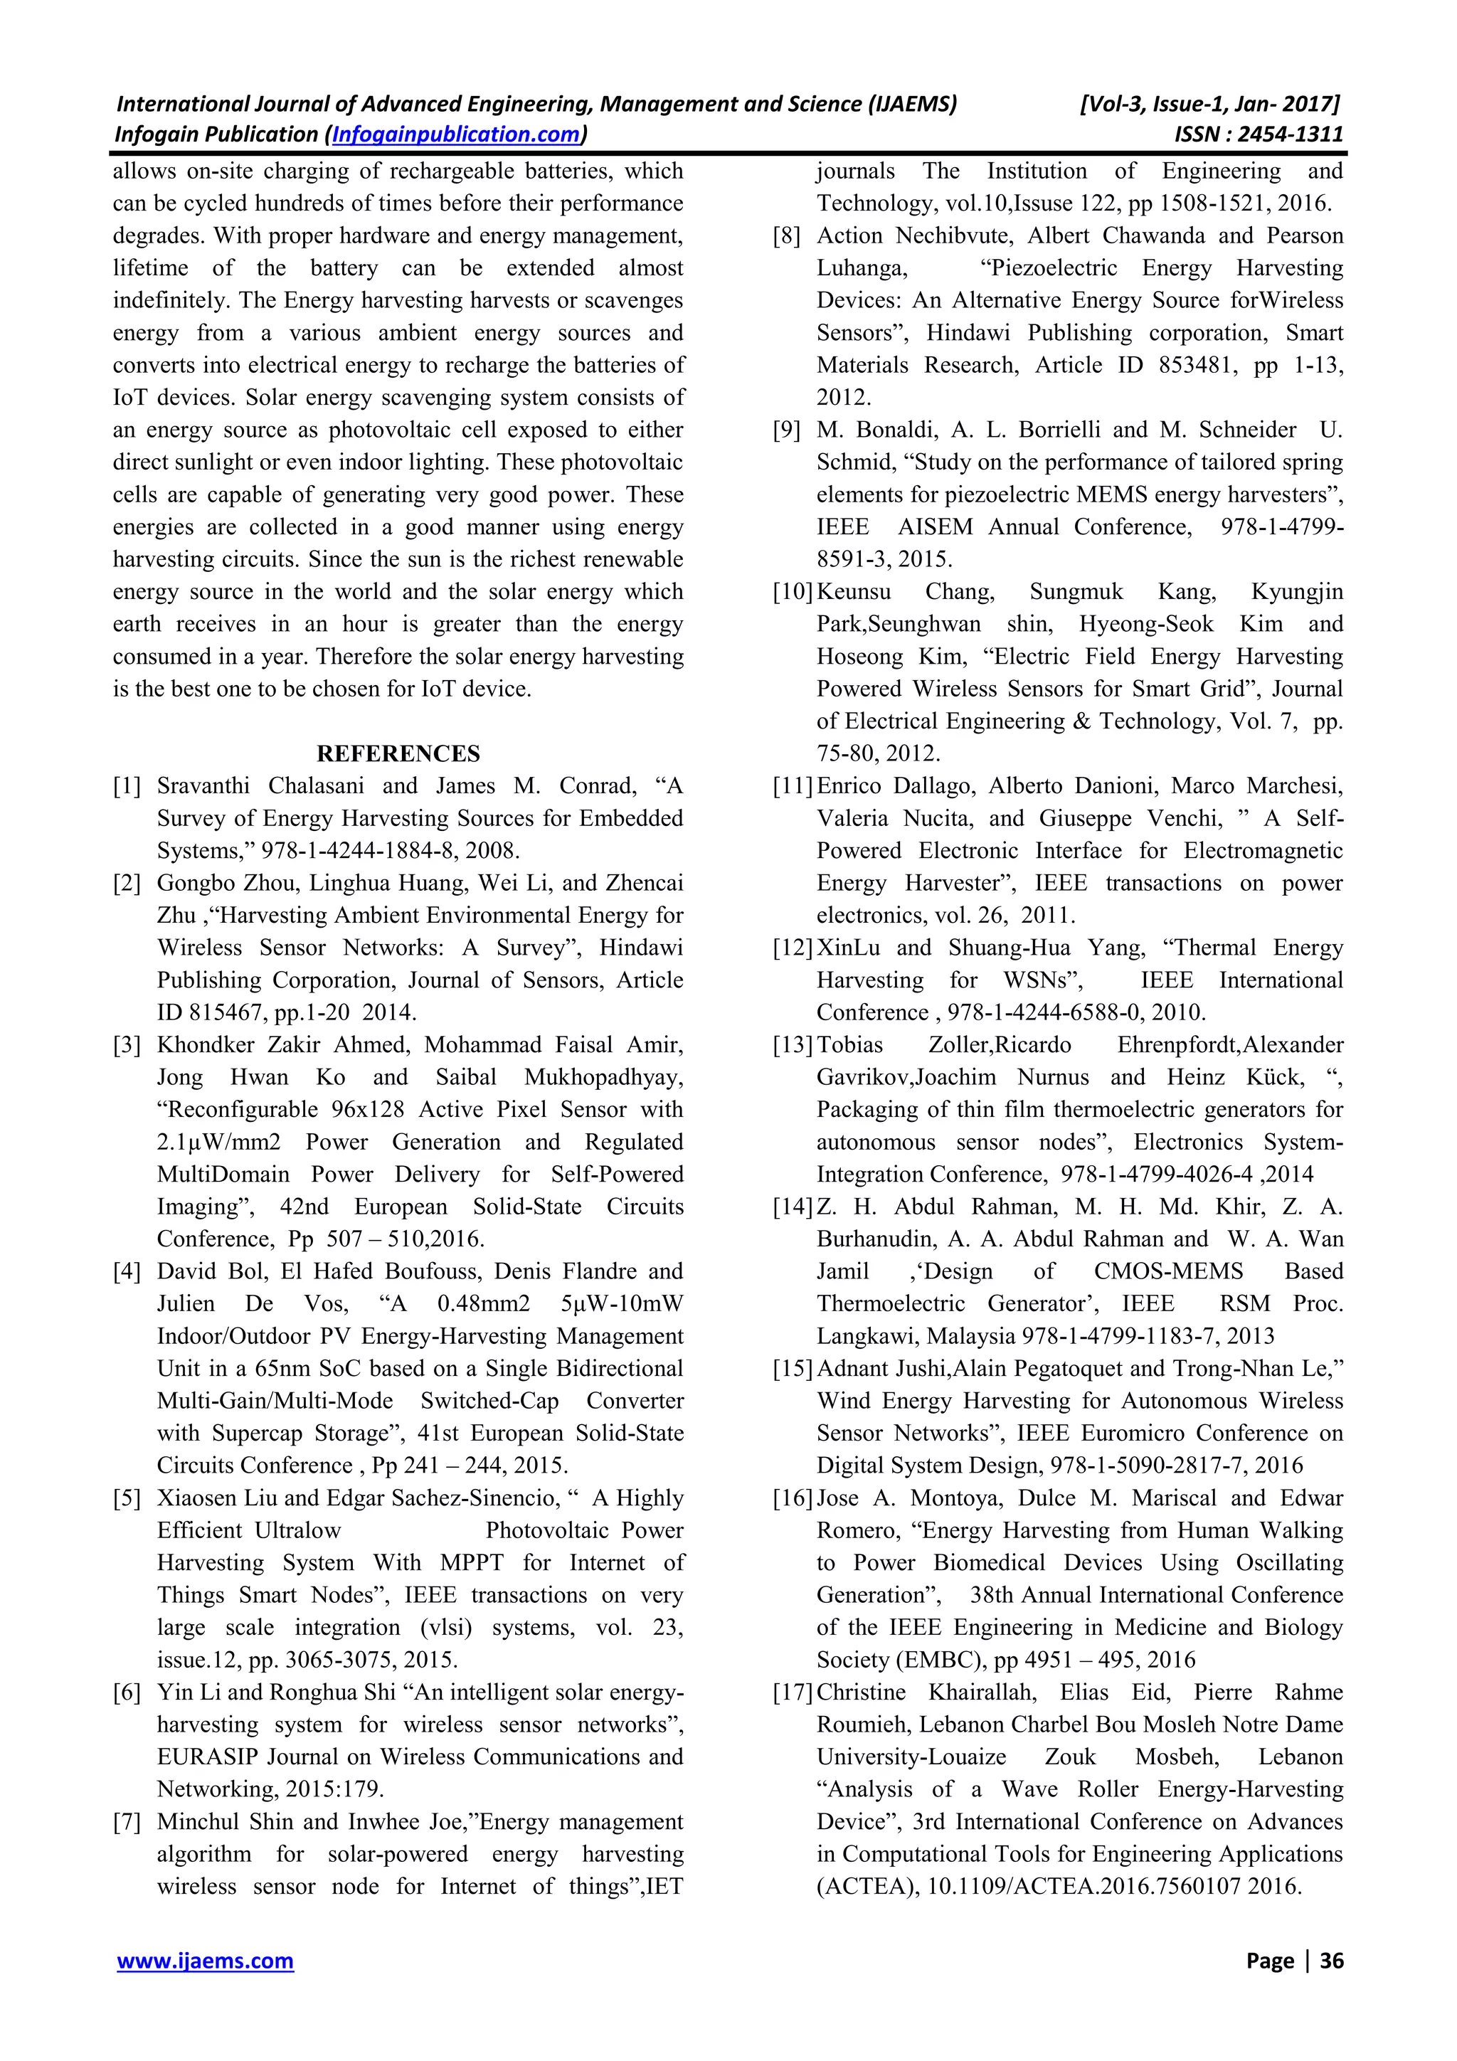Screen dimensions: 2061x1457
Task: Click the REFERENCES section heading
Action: click(x=398, y=753)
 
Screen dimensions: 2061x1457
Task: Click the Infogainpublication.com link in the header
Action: click(x=455, y=134)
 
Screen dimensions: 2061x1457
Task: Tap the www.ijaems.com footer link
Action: click(x=206, y=1961)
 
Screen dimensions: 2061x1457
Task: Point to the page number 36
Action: click(x=1331, y=1961)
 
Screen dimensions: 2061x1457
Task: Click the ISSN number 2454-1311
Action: click(x=1289, y=134)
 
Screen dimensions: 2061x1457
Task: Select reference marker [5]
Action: click(x=127, y=1498)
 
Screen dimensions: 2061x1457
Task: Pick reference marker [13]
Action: click(x=793, y=1045)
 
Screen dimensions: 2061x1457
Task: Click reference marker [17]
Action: click(x=793, y=1692)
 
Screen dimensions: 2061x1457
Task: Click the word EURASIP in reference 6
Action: click(x=199, y=1757)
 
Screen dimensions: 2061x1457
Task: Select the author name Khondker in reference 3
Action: click(x=211, y=1045)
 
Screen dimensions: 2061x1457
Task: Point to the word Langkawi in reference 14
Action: click(x=867, y=1335)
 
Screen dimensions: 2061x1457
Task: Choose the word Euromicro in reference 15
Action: click(x=1135, y=1433)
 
